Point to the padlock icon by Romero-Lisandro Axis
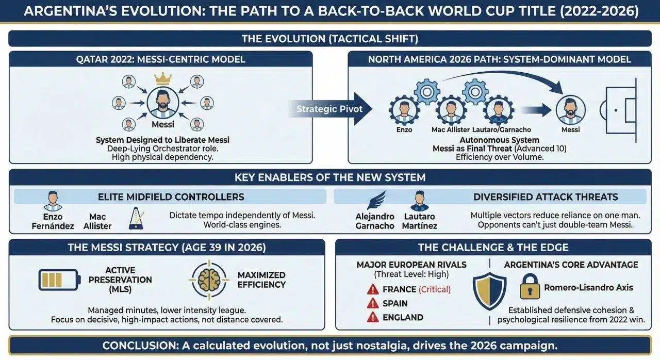click(x=530, y=287)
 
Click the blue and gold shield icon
click(x=489, y=291)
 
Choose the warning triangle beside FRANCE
click(x=373, y=289)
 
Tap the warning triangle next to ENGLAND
click(x=373, y=317)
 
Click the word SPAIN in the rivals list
click(x=395, y=303)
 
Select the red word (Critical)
click(x=434, y=289)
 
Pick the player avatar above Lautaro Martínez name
click(x=419, y=201)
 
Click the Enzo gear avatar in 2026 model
click(x=404, y=110)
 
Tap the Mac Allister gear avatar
click(x=451, y=110)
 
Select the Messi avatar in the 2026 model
click(x=570, y=110)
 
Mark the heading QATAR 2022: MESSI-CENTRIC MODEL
click(x=161, y=59)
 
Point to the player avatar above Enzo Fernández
click(x=53, y=201)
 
